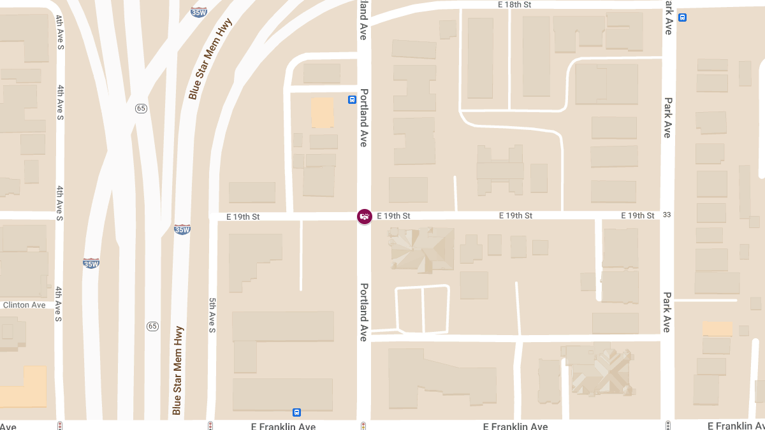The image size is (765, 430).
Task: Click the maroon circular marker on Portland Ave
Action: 364,217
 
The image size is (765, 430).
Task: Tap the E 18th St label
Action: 514,4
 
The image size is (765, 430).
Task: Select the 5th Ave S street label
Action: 212,315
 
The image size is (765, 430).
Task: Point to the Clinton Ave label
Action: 24,305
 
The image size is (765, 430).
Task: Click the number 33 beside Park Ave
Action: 667,215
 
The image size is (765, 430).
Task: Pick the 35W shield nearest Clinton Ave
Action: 91,263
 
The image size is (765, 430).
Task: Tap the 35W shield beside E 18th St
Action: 199,11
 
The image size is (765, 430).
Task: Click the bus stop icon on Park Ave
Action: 683,18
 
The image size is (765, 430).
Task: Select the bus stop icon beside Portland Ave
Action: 352,99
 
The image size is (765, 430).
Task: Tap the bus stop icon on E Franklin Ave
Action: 296,412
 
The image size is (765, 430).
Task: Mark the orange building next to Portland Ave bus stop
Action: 322,113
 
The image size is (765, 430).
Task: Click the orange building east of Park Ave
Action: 717,329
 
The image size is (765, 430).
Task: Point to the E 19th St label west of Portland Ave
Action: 243,217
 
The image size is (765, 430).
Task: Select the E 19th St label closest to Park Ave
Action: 637,216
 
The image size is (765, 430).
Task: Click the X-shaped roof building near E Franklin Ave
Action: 599,370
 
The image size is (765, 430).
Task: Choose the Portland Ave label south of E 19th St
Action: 364,312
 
